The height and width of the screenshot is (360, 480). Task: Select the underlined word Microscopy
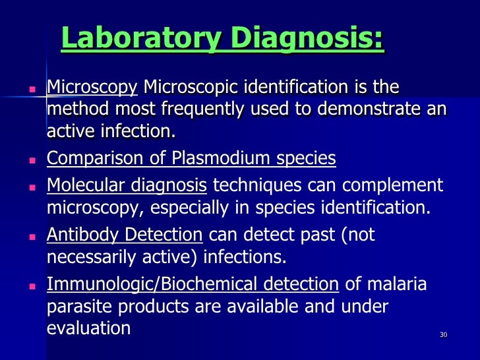[x=92, y=87]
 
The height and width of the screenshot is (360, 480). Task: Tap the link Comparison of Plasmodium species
[x=191, y=159]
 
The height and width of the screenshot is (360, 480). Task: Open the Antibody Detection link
[x=125, y=234]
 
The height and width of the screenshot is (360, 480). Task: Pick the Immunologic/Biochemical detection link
[x=193, y=284]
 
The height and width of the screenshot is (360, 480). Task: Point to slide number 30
[x=443, y=335]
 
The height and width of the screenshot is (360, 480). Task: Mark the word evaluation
[x=88, y=328]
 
